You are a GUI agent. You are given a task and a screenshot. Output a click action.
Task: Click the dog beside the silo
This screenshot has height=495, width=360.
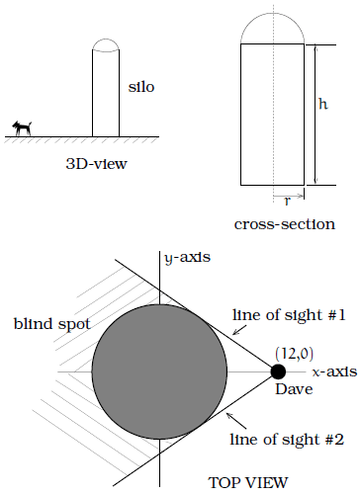tap(22, 127)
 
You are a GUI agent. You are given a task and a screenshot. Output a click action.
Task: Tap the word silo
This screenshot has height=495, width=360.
tap(143, 87)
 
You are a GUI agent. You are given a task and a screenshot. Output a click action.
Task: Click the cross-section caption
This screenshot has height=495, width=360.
tap(285, 223)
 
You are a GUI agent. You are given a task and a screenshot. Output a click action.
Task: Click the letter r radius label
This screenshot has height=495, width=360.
tap(287, 200)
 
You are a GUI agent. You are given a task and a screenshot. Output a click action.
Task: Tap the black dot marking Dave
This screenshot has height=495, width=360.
tap(279, 371)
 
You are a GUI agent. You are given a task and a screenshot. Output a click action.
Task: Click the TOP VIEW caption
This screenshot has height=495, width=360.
tap(247, 482)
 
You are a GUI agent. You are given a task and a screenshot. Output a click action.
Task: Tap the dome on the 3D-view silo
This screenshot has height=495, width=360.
tap(106, 43)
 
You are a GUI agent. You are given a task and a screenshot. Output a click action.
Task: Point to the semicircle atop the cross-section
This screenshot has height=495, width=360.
tap(272, 26)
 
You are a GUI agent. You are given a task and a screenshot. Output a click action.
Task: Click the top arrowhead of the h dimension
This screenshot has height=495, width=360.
tap(315, 48)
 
